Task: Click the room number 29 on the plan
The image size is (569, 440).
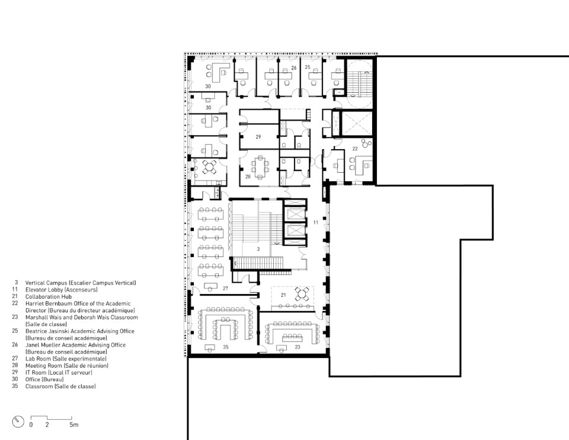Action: (258, 137)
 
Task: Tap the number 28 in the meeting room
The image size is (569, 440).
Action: (248, 177)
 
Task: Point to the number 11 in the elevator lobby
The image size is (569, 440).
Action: (316, 223)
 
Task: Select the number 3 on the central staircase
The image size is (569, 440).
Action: (258, 249)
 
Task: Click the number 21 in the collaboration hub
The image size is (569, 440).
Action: (283, 295)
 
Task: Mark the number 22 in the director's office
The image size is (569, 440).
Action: (355, 148)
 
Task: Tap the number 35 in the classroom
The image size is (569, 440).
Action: (226, 347)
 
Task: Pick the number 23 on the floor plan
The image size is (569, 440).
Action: (298, 347)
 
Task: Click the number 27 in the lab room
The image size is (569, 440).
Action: (225, 289)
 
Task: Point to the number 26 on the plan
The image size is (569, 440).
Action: (294, 68)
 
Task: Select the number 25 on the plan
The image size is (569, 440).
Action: (308, 67)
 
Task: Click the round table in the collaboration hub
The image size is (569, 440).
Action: (302, 293)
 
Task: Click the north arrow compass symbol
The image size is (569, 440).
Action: (18, 422)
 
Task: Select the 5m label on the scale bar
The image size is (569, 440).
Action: (74, 425)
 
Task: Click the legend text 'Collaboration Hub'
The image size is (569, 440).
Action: (49, 297)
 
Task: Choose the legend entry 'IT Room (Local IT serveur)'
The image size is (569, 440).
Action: (59, 373)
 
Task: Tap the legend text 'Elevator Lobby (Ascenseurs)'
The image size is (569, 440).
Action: (61, 290)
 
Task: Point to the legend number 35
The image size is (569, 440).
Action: (15, 386)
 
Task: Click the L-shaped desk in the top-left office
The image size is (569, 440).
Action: (220, 71)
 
